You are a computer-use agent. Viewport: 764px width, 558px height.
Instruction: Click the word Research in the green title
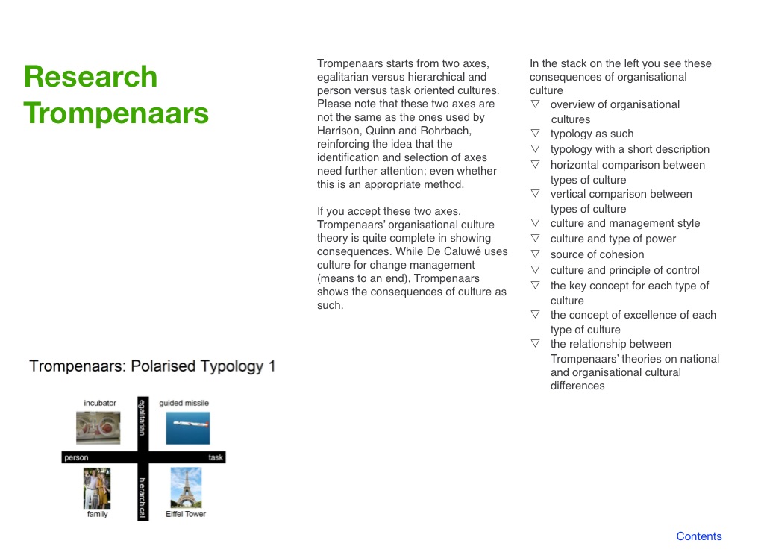tap(90, 77)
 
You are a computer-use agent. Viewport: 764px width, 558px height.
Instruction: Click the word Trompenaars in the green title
tap(116, 113)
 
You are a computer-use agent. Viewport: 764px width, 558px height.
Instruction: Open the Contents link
tap(698, 536)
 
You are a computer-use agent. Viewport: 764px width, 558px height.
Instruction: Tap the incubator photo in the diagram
tap(98, 428)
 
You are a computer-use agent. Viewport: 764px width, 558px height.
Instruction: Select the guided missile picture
tap(187, 428)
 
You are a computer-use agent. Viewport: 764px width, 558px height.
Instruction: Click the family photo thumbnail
tap(97, 488)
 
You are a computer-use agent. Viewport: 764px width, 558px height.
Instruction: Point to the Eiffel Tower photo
tap(186, 487)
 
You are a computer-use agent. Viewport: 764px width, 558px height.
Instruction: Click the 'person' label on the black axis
tap(77, 457)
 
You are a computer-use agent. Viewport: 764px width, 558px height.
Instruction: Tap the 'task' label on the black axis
tap(216, 457)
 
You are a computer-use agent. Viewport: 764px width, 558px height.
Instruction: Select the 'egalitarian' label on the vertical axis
tap(143, 417)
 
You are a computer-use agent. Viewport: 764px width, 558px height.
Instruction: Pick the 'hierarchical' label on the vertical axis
tap(143, 498)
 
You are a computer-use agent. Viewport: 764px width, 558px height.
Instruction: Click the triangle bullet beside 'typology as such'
tap(535, 133)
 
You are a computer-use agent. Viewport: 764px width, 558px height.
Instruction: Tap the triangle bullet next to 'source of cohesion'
tap(535, 254)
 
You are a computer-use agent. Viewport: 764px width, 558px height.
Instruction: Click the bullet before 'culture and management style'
tap(535, 223)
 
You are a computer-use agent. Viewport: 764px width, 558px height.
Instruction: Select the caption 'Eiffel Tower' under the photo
tap(186, 514)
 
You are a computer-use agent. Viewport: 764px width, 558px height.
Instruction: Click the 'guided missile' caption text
tap(184, 403)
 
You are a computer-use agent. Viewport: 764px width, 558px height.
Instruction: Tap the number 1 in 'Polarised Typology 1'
tap(272, 366)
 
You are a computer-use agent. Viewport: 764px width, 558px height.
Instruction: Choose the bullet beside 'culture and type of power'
tap(535, 238)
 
